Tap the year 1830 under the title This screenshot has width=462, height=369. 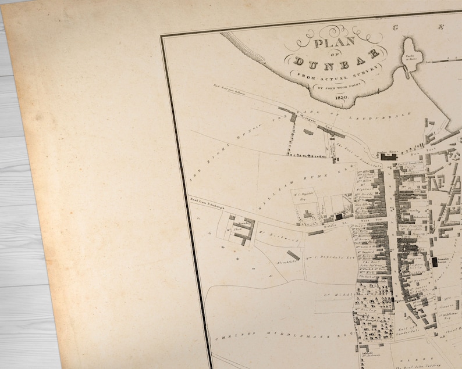pyautogui.click(x=341, y=98)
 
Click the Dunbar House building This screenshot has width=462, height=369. pyautogui.click(x=388, y=156)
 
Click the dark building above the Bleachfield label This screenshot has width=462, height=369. pyautogui.click(x=293, y=255)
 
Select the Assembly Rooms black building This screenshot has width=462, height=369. pyautogui.click(x=435, y=261)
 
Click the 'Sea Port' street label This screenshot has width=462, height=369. pyautogui.click(x=417, y=153)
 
